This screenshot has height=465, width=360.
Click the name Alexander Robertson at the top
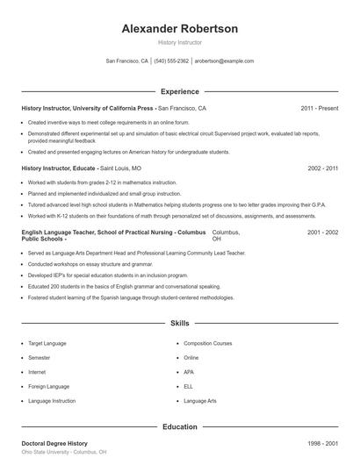click(x=179, y=29)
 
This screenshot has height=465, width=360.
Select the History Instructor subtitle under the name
click(x=179, y=42)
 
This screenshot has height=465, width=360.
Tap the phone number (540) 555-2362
click(x=171, y=61)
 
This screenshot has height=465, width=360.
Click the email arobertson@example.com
click(x=224, y=61)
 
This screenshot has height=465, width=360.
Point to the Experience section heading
click(x=179, y=91)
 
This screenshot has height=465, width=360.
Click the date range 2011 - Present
click(x=319, y=108)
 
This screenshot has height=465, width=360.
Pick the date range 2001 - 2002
click(x=322, y=232)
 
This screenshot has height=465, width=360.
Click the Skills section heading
click(x=179, y=324)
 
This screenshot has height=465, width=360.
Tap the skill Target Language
click(x=46, y=344)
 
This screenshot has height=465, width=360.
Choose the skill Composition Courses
click(x=208, y=344)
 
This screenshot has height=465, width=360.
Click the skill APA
click(x=190, y=372)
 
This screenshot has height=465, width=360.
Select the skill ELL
click(x=189, y=386)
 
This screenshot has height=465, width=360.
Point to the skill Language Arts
click(x=200, y=400)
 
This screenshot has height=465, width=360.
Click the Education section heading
click(x=179, y=426)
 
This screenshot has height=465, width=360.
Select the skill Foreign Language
click(x=47, y=386)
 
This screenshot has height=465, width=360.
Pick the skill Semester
click(x=39, y=358)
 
